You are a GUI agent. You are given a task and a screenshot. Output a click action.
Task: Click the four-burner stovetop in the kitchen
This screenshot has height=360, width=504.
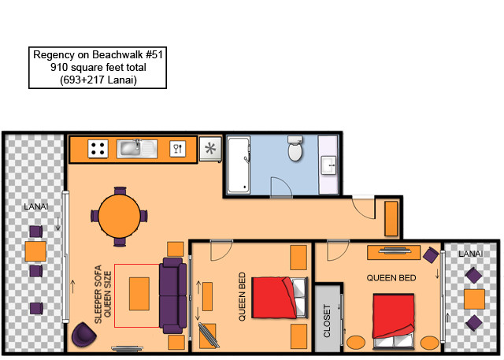(98, 149)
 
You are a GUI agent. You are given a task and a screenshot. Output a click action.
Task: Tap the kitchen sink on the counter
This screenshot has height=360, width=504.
(137, 149)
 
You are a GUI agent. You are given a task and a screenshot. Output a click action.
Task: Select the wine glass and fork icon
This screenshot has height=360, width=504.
(178, 149)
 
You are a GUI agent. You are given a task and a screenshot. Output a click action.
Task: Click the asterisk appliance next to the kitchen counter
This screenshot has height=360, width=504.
(210, 149)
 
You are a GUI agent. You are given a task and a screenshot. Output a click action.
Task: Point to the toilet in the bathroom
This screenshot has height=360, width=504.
(295, 148)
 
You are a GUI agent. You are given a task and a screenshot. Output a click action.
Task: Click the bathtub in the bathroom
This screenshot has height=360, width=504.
(239, 165)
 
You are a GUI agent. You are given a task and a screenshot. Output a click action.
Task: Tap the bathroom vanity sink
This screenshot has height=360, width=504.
(328, 165)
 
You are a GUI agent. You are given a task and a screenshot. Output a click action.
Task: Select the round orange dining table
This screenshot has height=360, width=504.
(119, 216)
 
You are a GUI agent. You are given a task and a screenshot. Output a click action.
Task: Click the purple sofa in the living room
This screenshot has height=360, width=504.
(173, 295)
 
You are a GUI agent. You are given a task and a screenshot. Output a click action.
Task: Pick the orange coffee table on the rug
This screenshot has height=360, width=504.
(139, 294)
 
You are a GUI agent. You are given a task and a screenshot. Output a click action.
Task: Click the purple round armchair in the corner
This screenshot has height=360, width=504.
(83, 335)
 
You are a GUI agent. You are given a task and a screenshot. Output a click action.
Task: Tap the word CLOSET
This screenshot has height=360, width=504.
(327, 321)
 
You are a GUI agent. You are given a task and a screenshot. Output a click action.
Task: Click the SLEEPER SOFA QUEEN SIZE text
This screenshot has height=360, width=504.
(103, 294)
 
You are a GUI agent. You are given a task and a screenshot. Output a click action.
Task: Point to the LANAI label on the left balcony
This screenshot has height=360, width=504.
(36, 206)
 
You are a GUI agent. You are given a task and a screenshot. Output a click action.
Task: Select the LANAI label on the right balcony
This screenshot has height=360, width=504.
(471, 254)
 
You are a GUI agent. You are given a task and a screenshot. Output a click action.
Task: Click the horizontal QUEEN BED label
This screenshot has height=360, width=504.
(391, 278)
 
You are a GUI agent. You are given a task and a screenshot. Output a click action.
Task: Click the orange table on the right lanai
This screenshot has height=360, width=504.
(474, 299)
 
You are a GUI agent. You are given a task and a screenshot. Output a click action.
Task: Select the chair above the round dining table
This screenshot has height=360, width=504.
(120, 191)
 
